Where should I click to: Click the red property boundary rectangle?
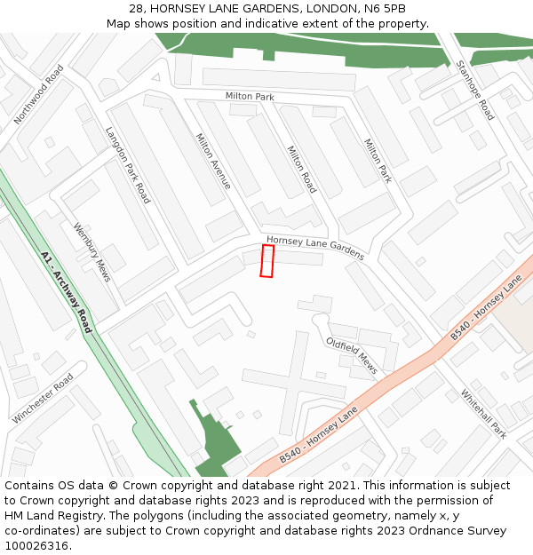266,261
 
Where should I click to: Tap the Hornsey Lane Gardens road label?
314,247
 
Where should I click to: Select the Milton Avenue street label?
213,161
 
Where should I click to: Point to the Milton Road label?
301,169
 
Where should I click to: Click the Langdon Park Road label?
127,165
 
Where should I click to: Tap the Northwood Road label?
39,94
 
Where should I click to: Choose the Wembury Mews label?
91,252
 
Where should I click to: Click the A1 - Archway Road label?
66,292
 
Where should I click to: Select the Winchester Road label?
43,399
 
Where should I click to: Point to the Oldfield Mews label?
352,354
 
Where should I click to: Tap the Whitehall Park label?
483,415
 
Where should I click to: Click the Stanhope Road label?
474,90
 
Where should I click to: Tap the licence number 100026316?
36,546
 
